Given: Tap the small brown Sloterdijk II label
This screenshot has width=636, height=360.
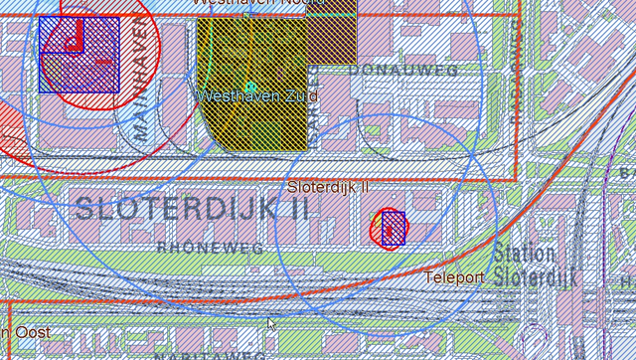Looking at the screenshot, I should pos(328,187).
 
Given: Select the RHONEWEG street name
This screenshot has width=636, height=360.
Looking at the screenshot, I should pos(211,249).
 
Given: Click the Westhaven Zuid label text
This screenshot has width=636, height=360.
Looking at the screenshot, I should pos(257,96).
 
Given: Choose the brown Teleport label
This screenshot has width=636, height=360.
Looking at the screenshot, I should pos(454,277).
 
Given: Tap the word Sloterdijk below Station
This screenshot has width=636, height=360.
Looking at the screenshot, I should pos(537,275).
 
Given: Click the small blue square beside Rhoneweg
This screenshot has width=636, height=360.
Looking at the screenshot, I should pos(394,228).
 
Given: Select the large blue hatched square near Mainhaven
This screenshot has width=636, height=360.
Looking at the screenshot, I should pos(79,55).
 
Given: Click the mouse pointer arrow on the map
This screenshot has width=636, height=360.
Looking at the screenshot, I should pos(271,323).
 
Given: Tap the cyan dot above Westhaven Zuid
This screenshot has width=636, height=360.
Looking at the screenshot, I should pos(250,87).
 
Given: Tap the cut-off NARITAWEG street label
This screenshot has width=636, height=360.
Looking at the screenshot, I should pos(210,355).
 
